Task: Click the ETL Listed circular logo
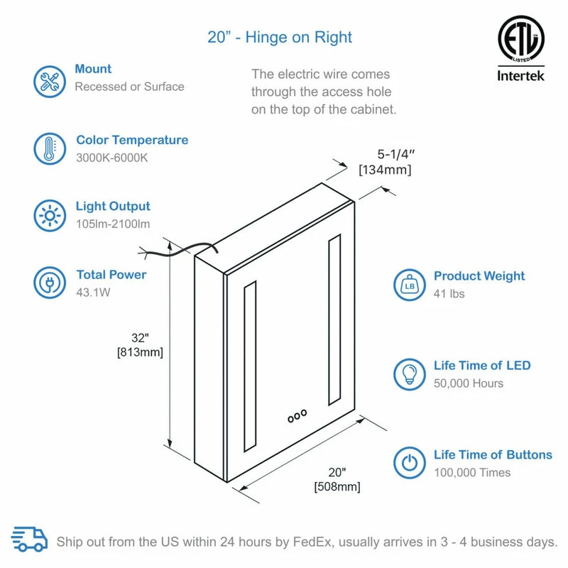pyautogui.click(x=521, y=38)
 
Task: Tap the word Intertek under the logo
pyautogui.click(x=520, y=76)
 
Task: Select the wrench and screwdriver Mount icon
pyautogui.click(x=50, y=82)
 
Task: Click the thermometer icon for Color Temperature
pyautogui.click(x=50, y=148)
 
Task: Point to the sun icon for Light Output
pyautogui.click(x=50, y=216)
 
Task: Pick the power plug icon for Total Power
pyautogui.click(x=50, y=283)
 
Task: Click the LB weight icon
pyautogui.click(x=410, y=285)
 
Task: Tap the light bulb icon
pyautogui.click(x=410, y=375)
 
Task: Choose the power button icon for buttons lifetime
pyautogui.click(x=410, y=463)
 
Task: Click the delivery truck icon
pyautogui.click(x=29, y=540)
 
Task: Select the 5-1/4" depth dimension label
pyautogui.click(x=395, y=154)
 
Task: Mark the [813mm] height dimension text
pyautogui.click(x=140, y=352)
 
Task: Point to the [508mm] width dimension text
pyautogui.click(x=337, y=486)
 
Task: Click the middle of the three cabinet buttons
pyautogui.click(x=297, y=416)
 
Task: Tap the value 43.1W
pyautogui.click(x=93, y=293)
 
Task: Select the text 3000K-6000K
pyautogui.click(x=112, y=158)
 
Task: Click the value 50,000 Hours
pyautogui.click(x=469, y=383)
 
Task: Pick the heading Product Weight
pyautogui.click(x=479, y=276)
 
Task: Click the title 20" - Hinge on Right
pyautogui.click(x=280, y=38)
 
